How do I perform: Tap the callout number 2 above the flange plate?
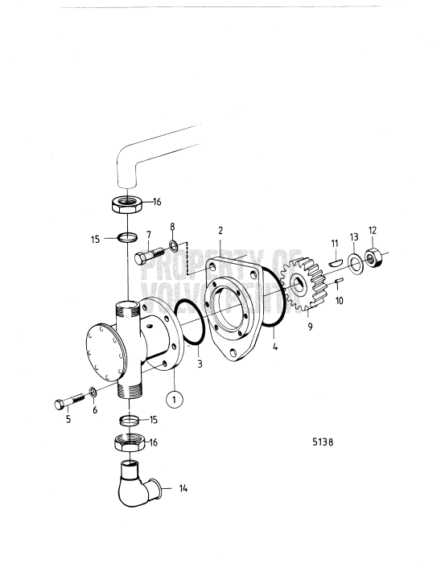click(220, 230)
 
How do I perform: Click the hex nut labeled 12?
click(374, 258)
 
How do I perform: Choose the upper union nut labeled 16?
click(126, 203)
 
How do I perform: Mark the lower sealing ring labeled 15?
click(129, 420)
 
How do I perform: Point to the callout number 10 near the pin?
click(338, 300)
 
